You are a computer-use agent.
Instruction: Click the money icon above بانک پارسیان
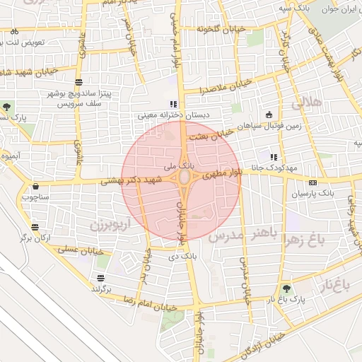pos(313,182)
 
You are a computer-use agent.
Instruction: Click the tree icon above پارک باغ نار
pos(286,288)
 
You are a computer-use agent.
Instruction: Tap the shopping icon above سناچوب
pos(35,187)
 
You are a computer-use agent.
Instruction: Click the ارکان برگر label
pos(37,238)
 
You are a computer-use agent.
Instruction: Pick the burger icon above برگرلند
pos(101,278)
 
